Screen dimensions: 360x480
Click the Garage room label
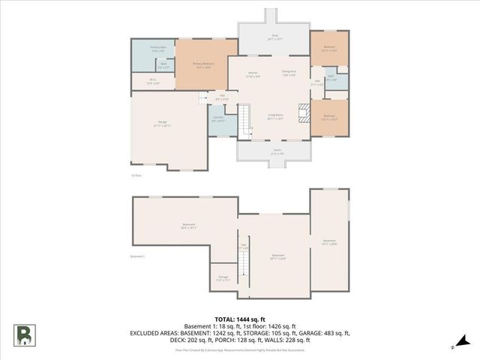163,125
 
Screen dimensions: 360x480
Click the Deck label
274,36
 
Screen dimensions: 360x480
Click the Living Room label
274,117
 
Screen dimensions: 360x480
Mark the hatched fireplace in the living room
302,112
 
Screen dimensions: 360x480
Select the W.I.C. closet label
152,82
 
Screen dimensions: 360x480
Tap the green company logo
26,334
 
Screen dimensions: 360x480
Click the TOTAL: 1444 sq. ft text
240,319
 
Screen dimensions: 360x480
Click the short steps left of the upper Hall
202,98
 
